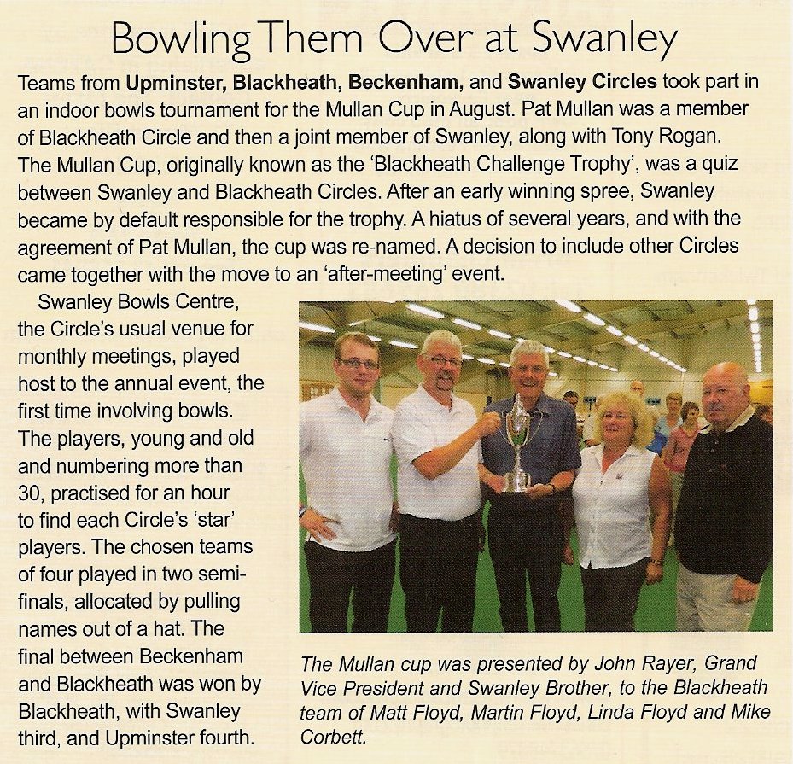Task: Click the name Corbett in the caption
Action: click(x=331, y=736)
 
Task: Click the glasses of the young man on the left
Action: click(x=358, y=363)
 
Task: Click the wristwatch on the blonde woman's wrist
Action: click(x=656, y=562)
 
